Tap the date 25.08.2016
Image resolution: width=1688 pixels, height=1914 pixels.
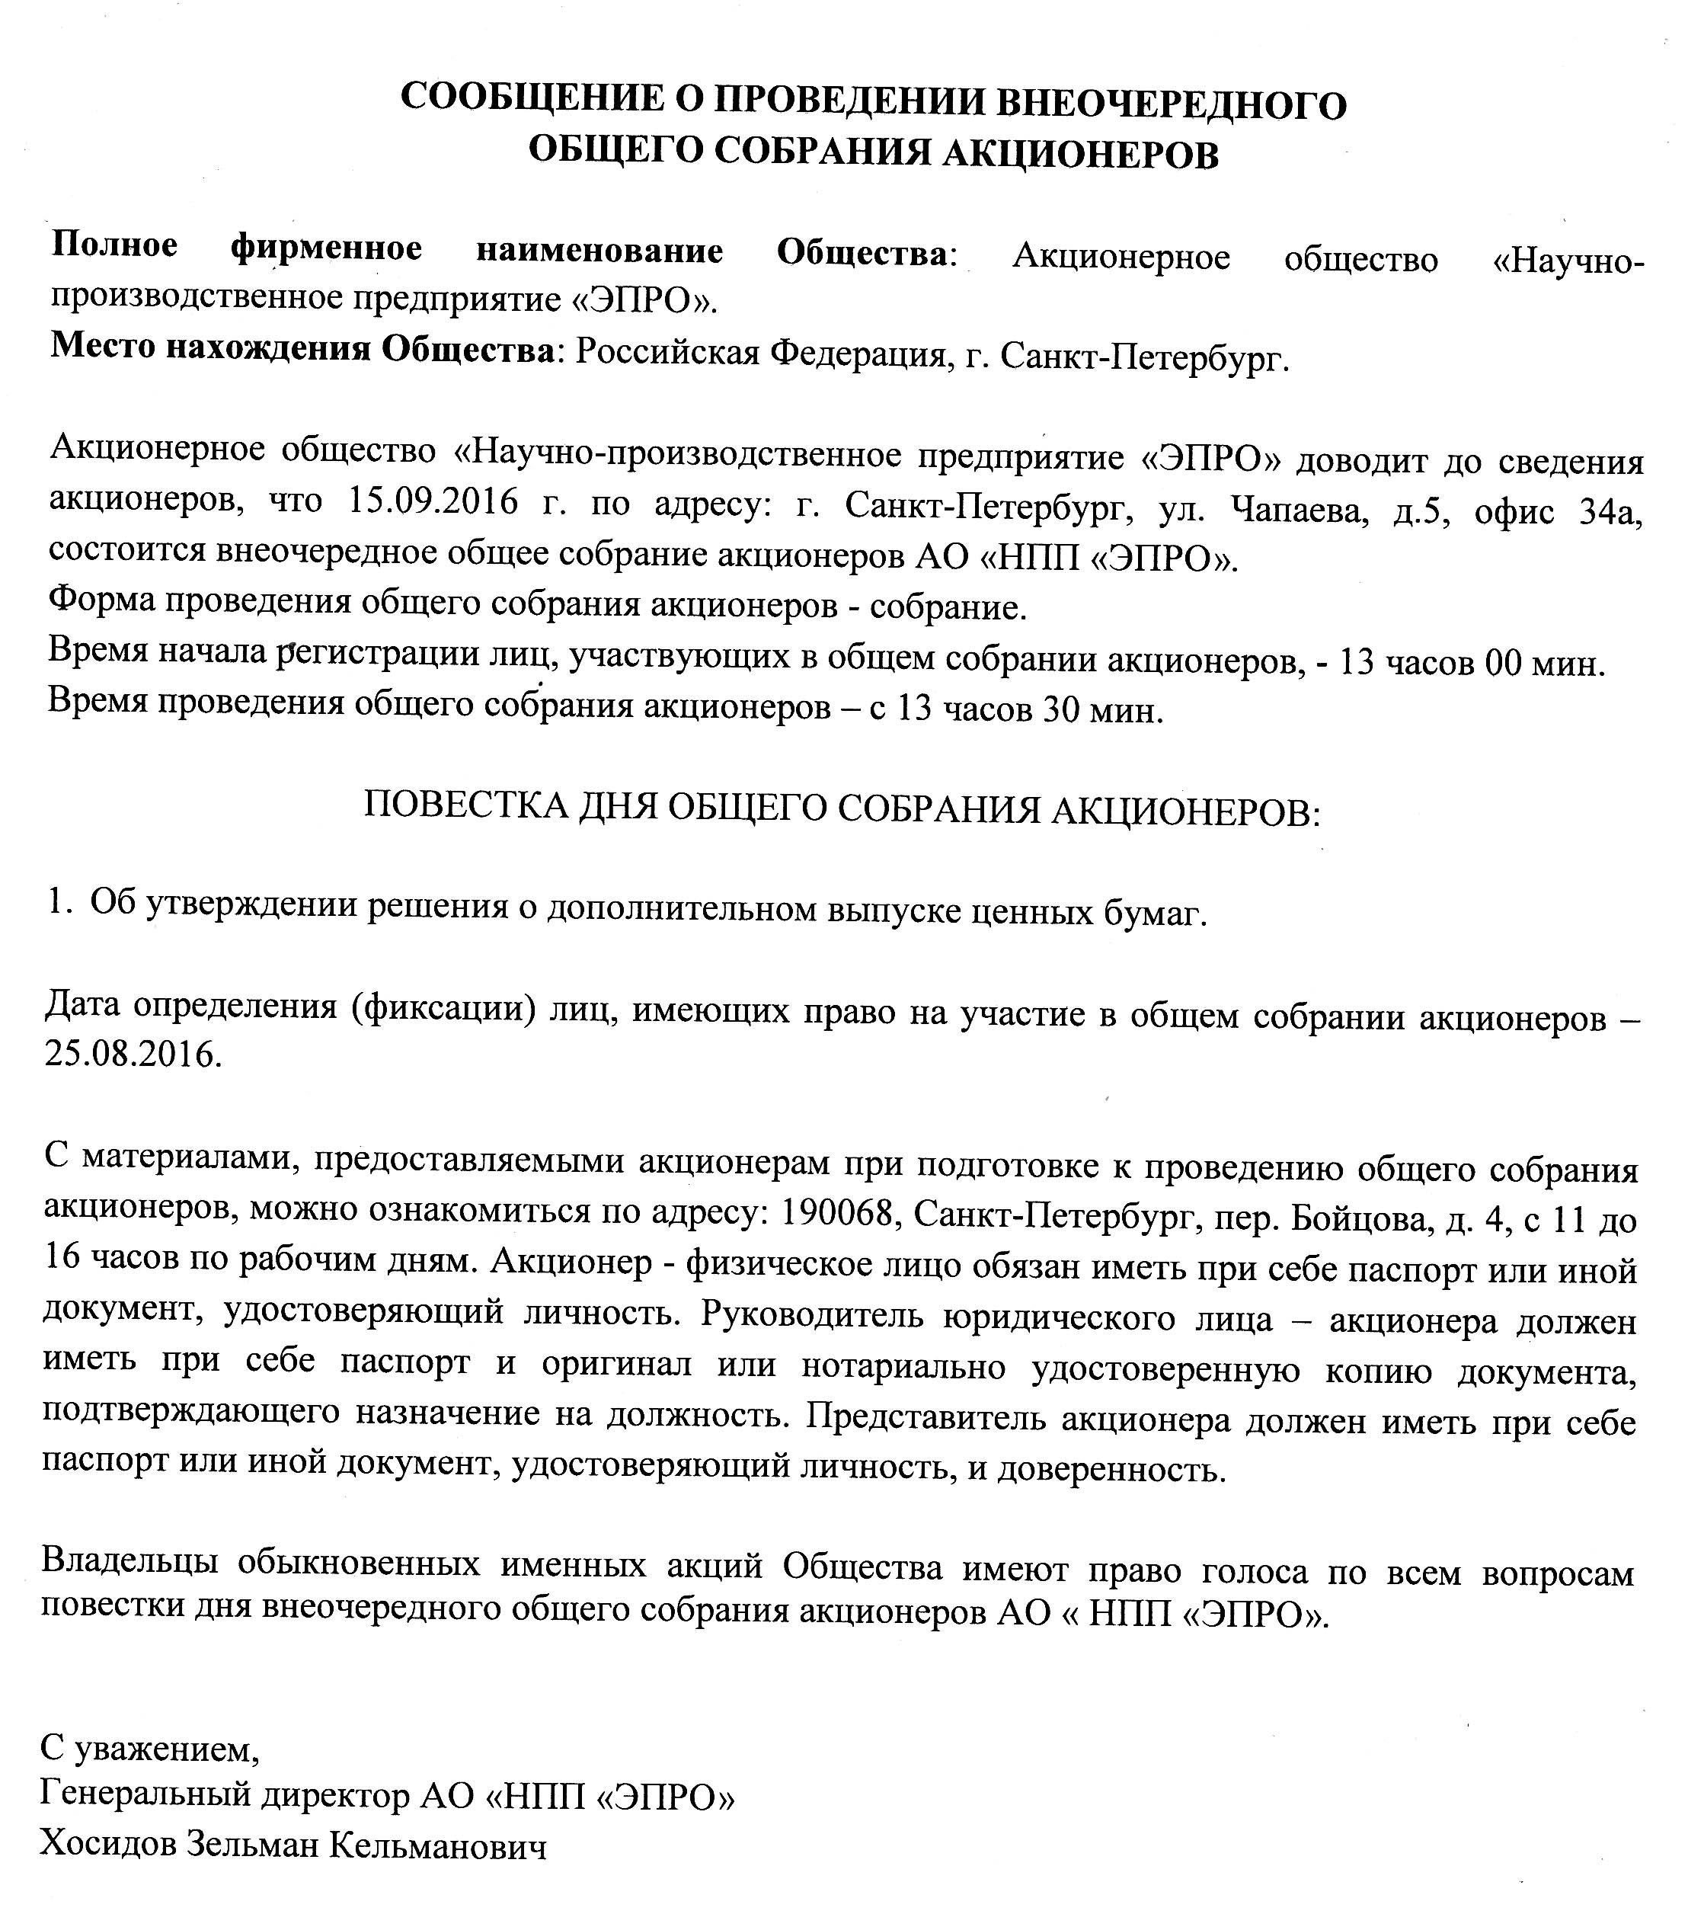click(133, 1055)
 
